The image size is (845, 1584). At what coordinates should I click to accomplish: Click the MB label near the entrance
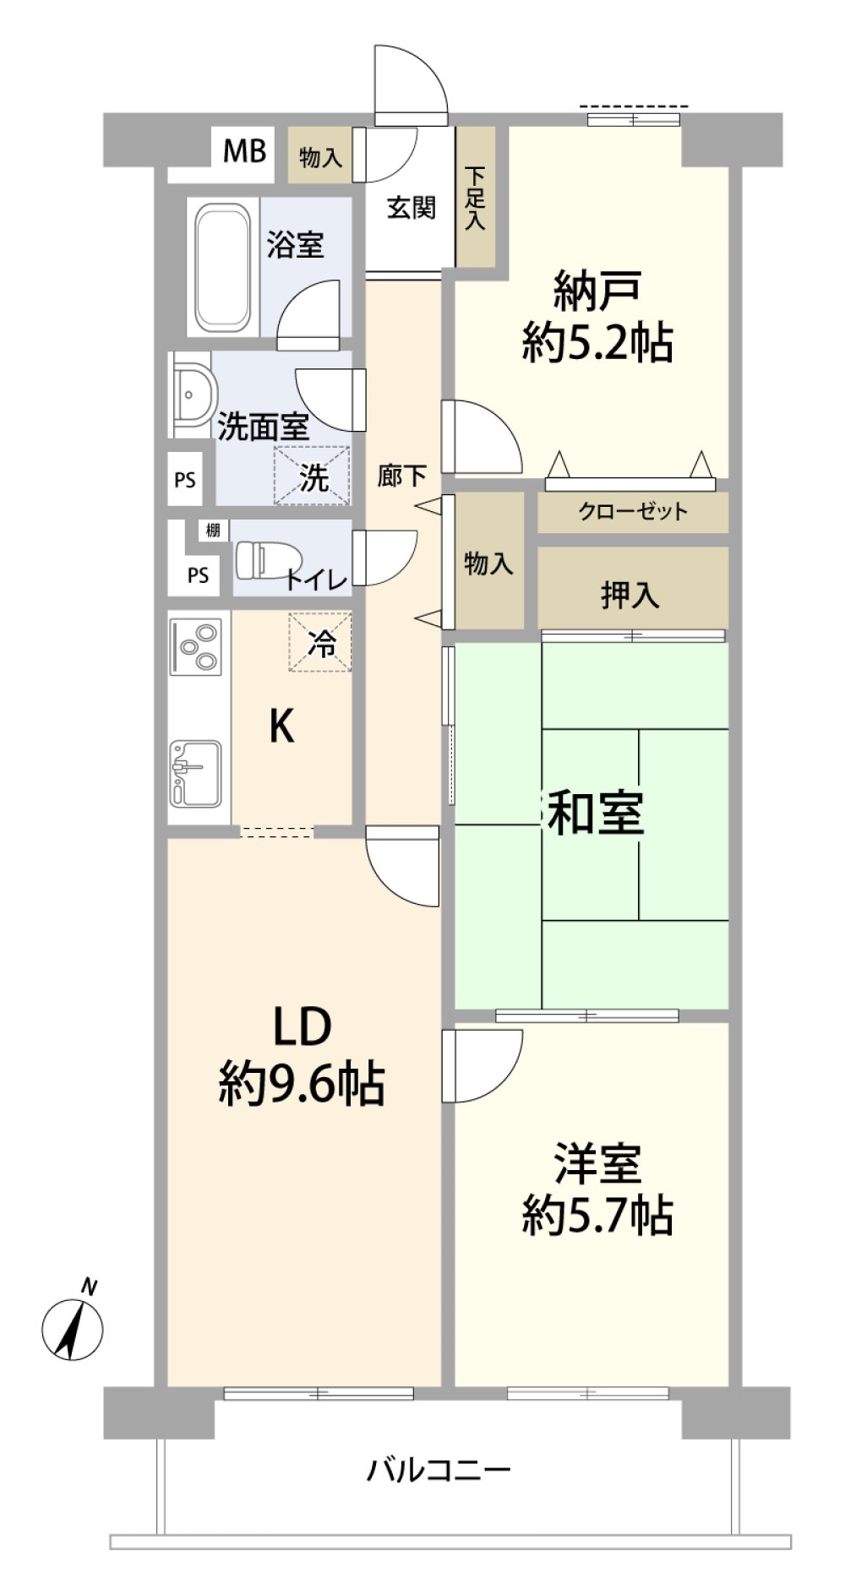point(244,152)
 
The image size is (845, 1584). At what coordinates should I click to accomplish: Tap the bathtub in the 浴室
point(223,268)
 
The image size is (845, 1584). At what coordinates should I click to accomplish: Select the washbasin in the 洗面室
point(194,395)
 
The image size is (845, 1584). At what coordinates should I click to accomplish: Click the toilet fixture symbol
point(268,559)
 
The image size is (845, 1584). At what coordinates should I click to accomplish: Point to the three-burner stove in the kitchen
point(195,646)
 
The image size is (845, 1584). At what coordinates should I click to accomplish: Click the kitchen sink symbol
point(195,772)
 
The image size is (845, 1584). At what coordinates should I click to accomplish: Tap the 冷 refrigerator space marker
point(320,643)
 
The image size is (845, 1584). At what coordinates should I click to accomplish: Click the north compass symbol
point(73,1330)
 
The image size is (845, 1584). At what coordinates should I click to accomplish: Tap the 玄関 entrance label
point(411,208)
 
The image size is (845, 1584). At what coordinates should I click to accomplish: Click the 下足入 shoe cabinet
point(476,199)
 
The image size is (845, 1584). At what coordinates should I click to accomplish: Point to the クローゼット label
point(633,511)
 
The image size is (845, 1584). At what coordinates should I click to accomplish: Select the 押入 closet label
point(630,596)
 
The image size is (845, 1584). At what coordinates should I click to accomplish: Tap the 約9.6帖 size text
point(302,1085)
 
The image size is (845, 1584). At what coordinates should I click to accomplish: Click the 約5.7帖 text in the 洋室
point(597,1216)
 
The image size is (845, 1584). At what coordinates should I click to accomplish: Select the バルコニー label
point(439,1470)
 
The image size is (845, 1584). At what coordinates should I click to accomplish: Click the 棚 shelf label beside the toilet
point(213,531)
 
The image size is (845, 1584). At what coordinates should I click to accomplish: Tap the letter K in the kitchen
point(281,726)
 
